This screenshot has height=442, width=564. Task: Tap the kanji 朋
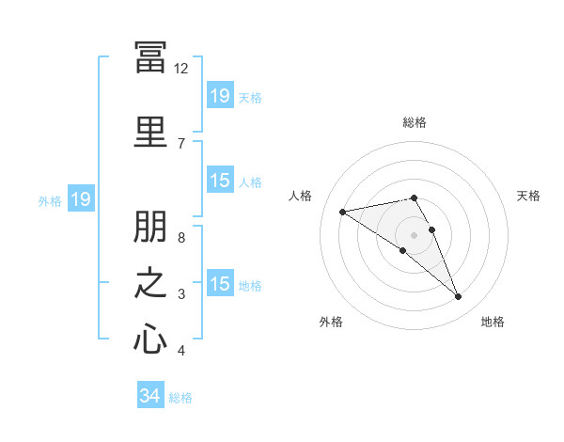[x=150, y=229]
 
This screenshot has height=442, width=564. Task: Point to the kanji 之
[x=150, y=283]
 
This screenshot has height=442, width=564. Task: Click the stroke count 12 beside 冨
[x=180, y=69]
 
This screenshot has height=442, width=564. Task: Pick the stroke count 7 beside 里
[x=180, y=143]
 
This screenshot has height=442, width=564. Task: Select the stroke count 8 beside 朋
[x=180, y=238]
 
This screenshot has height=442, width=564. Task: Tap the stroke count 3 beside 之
[x=180, y=294]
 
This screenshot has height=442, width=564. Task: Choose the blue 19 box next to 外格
[x=80, y=199]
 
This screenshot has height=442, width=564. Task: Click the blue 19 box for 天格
[x=220, y=96]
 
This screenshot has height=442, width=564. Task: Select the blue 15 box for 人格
[x=220, y=182]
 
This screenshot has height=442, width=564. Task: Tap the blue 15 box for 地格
[x=220, y=285]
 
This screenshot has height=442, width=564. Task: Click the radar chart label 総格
[x=415, y=122]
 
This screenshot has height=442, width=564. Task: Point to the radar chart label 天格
[x=529, y=196]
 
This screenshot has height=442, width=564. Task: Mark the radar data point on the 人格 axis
[x=342, y=211]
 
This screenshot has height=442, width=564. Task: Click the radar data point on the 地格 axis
[x=459, y=297]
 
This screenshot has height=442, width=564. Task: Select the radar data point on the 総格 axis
[x=415, y=197]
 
